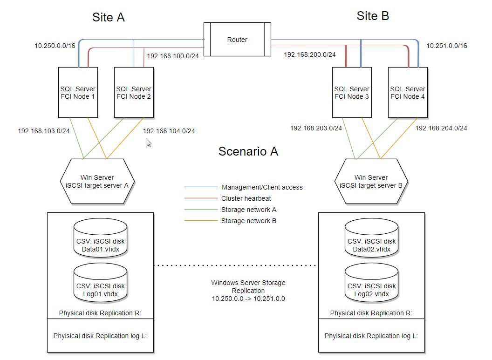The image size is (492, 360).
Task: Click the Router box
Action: (x=237, y=40)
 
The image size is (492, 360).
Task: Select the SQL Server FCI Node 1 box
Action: (x=78, y=92)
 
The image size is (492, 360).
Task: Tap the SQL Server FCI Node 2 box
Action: (x=134, y=92)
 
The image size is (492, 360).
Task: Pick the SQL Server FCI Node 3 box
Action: (x=352, y=92)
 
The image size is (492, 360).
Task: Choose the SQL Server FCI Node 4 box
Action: (x=408, y=92)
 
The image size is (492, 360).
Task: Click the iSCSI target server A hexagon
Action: (x=97, y=181)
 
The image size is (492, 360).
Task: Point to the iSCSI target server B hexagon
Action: (x=371, y=181)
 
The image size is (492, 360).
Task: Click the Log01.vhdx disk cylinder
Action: (x=101, y=285)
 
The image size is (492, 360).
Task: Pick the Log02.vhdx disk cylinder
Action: (x=371, y=285)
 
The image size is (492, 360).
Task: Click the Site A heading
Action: (x=109, y=18)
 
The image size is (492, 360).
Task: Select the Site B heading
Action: (x=373, y=16)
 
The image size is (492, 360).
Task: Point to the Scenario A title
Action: (x=248, y=151)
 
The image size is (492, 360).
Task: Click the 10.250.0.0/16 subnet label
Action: (x=55, y=46)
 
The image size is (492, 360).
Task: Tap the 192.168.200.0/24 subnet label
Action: (x=309, y=54)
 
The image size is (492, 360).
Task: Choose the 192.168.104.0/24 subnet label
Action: (x=169, y=131)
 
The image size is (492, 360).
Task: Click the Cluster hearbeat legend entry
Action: (x=246, y=198)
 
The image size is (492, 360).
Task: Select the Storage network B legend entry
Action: (x=248, y=221)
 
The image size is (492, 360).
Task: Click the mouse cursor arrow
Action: (x=148, y=143)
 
